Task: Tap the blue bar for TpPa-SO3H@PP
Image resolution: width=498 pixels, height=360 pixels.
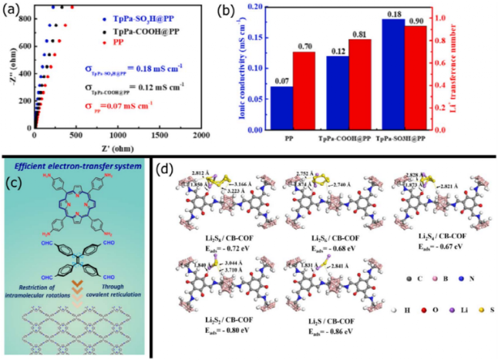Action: pyautogui.click(x=393, y=74)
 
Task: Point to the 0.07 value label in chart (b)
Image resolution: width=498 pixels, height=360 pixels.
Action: pyautogui.click(x=281, y=81)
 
